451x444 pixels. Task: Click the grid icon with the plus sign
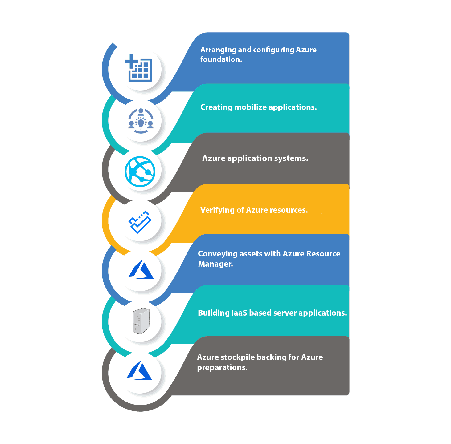[x=138, y=68]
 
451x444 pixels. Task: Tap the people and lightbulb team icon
[x=141, y=121]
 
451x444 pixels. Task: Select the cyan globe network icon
[x=140, y=172]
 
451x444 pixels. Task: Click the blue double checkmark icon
[x=140, y=222]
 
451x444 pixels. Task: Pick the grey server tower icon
[x=141, y=321]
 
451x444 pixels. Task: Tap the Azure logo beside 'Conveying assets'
[x=141, y=269]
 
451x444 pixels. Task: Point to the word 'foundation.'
[x=221, y=59]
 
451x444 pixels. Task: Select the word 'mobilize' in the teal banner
[x=250, y=107]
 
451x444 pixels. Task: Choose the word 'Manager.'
[x=215, y=264]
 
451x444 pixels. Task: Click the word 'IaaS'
[x=239, y=313]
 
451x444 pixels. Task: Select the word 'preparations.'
[x=222, y=368]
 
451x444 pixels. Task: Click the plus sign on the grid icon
[x=132, y=62]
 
